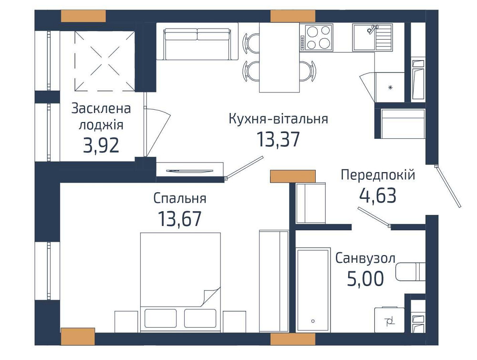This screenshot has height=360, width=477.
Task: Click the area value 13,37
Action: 278,140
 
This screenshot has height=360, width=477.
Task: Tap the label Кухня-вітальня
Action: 278,119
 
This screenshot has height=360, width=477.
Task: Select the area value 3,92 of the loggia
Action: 101,145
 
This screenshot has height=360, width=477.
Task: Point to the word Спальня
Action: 180,198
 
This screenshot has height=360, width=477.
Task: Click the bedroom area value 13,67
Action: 180,219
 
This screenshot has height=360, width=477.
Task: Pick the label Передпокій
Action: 378,175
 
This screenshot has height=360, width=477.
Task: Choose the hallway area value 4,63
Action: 378,195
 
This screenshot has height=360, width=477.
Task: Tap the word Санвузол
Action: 365,258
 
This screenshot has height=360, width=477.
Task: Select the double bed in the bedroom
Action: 180,281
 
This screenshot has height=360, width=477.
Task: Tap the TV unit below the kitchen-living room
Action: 190,169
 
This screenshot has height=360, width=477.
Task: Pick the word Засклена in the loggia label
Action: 101,108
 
